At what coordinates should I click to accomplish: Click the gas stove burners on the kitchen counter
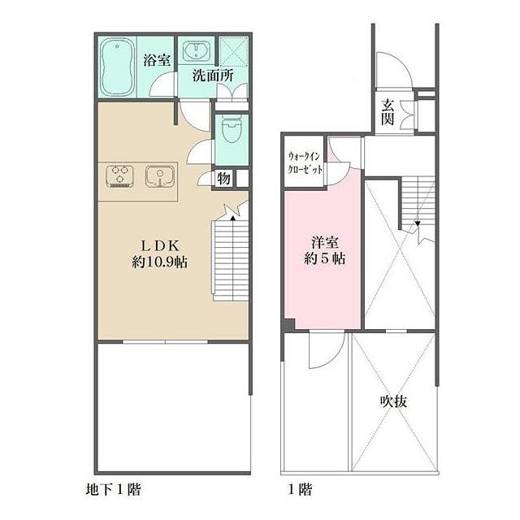coord(121,176)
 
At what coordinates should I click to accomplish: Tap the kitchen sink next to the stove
coord(160,176)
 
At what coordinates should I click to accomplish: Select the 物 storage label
coord(223,178)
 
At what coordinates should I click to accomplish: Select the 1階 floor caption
coord(299,491)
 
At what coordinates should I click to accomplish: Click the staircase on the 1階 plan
coord(416,203)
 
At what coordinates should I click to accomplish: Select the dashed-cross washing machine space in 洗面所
coord(232,53)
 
